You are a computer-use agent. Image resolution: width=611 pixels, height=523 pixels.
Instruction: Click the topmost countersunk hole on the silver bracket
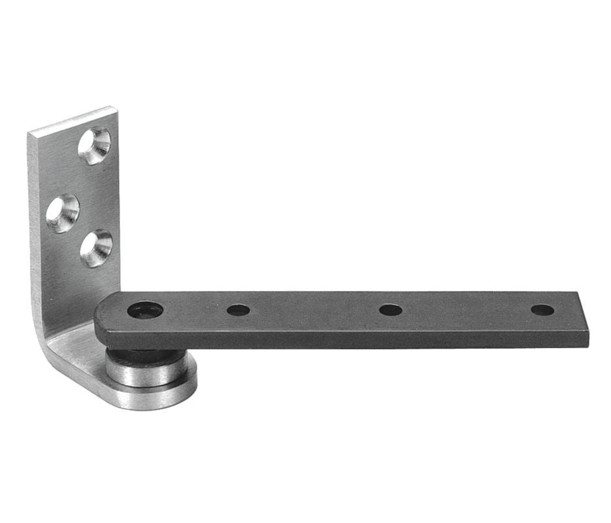[x=94, y=145]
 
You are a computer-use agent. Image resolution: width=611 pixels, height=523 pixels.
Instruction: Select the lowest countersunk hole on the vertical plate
[x=95, y=248]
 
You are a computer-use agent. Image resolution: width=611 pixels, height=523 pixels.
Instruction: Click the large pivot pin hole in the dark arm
[x=145, y=309]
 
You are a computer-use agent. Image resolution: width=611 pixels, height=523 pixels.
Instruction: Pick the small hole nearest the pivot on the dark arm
[x=238, y=310]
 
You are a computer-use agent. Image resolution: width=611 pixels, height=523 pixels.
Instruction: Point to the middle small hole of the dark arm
[x=390, y=310]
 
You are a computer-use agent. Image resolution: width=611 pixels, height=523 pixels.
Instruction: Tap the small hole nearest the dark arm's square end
[x=542, y=310]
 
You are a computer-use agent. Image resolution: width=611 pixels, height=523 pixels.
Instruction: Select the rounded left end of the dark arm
[x=101, y=317]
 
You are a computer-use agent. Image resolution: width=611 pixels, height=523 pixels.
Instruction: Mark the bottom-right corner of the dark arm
[x=587, y=346]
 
